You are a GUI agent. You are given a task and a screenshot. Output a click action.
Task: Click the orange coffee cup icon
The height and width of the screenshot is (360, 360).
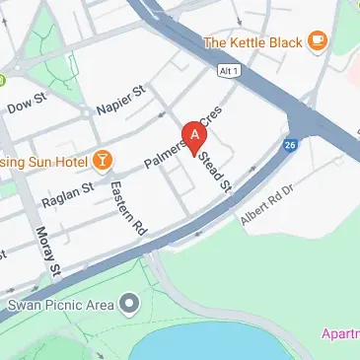[x=316, y=40]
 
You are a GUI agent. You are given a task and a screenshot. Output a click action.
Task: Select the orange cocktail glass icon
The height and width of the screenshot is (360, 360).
[x=103, y=159]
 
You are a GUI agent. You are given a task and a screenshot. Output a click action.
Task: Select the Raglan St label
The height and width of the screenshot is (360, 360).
[x=67, y=192]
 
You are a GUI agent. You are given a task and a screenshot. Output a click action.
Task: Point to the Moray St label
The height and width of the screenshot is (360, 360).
[x=48, y=252]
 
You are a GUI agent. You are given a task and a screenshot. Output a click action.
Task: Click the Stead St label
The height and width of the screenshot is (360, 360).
[x=215, y=170]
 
